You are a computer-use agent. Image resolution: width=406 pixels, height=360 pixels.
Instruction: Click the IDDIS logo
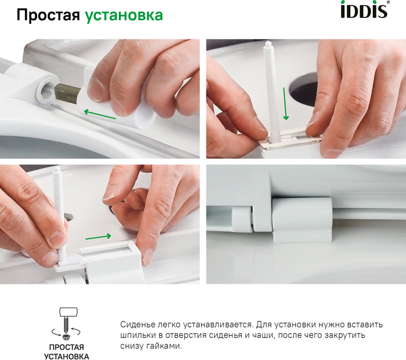pyautogui.click(x=365, y=9)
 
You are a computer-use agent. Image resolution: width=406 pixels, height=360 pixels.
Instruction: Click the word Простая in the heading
pyautogui.click(x=48, y=15)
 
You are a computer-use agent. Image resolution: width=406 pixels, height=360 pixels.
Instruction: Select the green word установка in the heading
pyautogui.click(x=124, y=16)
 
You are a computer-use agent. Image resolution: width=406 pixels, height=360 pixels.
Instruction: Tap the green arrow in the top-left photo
pyautogui.click(x=100, y=115)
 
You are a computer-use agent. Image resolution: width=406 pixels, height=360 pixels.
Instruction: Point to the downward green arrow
pyautogui.click(x=285, y=104)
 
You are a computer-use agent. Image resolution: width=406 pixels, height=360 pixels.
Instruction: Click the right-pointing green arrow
pyautogui.click(x=98, y=237)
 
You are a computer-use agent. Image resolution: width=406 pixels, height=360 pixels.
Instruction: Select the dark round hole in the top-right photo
pyautogui.click(x=303, y=90)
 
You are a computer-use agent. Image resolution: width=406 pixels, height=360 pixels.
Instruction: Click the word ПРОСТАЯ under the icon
pyautogui.click(x=67, y=347)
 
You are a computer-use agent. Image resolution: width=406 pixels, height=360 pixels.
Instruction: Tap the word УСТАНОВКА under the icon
pyautogui.click(x=67, y=357)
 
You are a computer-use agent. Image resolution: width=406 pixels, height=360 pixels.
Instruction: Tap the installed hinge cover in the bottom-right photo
pyautogui.click(x=302, y=220)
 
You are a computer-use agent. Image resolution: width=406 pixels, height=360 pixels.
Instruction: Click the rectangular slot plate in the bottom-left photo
pyautogui.click(x=109, y=250)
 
